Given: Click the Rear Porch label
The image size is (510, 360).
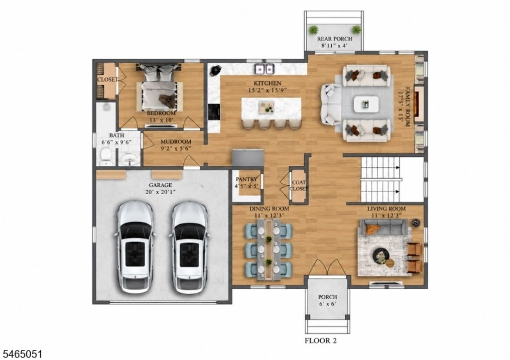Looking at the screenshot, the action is click(334, 39).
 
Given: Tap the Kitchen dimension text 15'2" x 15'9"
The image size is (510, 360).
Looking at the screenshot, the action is click(267, 91).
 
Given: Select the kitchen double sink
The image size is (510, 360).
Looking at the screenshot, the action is click(264, 69).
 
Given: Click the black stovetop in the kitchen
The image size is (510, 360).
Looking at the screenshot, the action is click(214, 112).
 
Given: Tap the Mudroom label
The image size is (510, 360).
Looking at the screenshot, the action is click(176, 142).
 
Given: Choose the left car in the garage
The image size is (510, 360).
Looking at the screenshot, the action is click(135, 247).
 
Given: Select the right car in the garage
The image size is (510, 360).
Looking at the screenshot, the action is click(189, 247).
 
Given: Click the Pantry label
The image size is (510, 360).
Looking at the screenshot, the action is click(247, 179).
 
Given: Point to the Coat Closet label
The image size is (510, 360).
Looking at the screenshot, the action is click(299, 185).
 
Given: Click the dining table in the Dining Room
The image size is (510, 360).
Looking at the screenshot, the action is click(268, 249).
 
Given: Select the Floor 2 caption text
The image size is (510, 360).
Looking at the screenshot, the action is click(320, 341).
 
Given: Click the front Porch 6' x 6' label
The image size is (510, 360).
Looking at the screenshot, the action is click(328, 300).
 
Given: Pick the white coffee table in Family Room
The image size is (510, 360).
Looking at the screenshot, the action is click(366, 105).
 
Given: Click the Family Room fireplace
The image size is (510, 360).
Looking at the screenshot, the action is click(419, 105).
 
